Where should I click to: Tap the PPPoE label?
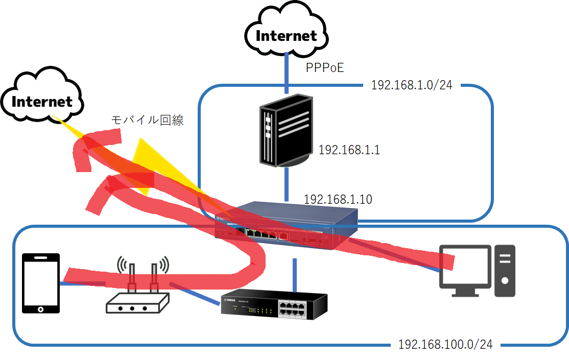325,67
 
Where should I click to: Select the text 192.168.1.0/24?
412,85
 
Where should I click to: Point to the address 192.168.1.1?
349,150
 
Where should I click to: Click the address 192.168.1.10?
338,199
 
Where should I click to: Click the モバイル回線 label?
147,121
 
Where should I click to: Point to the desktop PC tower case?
505,271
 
